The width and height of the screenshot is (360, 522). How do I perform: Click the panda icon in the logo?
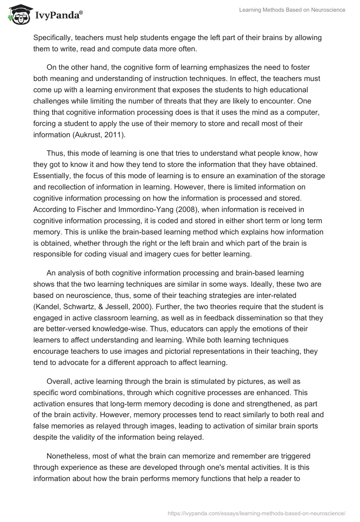pyautogui.click(x=17, y=14)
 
